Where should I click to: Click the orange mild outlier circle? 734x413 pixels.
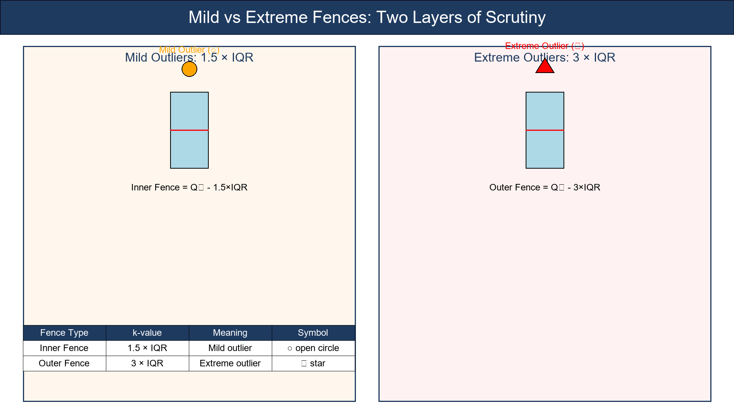(189, 69)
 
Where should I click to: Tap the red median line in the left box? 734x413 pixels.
(189, 130)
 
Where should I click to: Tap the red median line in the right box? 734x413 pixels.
(545, 130)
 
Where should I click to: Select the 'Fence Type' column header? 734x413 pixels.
(64, 333)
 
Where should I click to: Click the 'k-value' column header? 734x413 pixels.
(147, 333)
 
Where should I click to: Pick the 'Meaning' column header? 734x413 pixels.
(230, 333)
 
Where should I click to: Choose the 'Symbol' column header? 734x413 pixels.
(313, 333)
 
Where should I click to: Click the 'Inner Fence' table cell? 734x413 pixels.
(64, 348)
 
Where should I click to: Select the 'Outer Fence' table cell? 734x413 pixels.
(64, 363)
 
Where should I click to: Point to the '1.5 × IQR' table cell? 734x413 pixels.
(147, 348)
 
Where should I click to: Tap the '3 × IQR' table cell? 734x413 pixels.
(147, 363)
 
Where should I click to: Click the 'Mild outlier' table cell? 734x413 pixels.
(230, 348)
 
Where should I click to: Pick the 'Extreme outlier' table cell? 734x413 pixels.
(230, 363)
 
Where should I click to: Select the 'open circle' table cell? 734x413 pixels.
(313, 348)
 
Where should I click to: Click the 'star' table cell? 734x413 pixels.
(313, 363)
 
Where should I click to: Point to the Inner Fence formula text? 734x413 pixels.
(189, 187)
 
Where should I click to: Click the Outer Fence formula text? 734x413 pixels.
(545, 187)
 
